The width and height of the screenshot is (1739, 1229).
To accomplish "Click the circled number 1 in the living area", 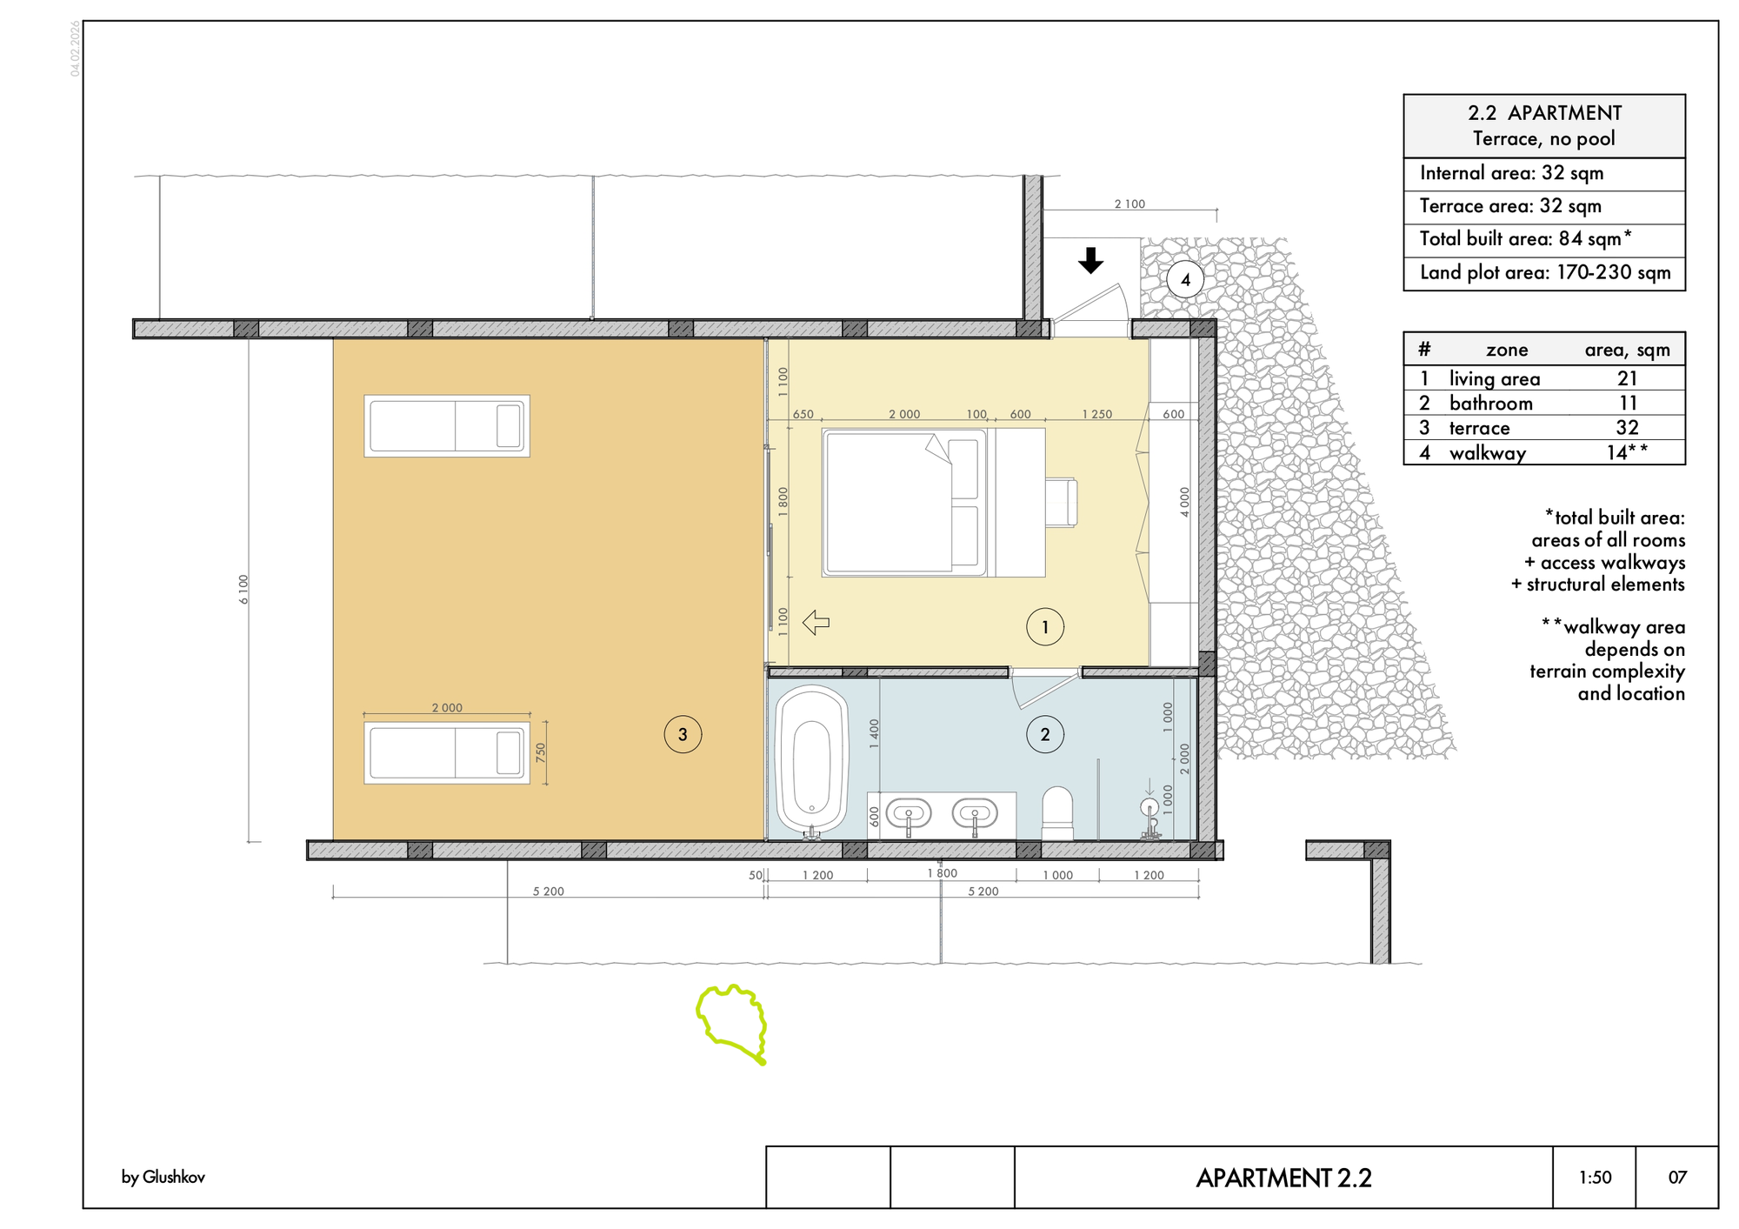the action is [x=1044, y=626].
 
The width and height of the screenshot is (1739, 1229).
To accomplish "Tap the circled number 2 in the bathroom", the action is [x=1044, y=734].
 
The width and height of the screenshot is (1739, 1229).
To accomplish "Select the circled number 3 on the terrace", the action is [x=683, y=734].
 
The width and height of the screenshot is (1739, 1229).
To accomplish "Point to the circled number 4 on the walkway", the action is [x=1185, y=280].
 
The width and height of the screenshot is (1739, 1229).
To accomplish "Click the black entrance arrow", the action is [x=1090, y=260].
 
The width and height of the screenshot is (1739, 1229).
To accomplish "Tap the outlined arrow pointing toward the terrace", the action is [x=816, y=623].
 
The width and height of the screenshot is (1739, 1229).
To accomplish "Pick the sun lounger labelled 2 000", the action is [x=447, y=752].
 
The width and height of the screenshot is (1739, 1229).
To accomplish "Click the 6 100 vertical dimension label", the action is [x=244, y=589].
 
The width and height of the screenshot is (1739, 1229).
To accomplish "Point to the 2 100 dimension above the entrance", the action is [x=1129, y=204].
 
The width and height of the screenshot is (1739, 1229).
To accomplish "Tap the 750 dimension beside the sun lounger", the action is [x=541, y=752].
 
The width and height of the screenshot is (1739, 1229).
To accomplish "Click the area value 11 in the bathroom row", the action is [x=1628, y=403].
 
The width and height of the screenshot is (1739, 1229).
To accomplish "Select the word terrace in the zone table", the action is [x=1479, y=428].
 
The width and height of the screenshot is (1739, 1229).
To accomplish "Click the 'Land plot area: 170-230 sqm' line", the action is [x=1545, y=272].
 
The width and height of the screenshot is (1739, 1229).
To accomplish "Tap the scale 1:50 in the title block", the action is [x=1595, y=1178].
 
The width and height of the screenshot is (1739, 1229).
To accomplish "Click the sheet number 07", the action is [x=1677, y=1178].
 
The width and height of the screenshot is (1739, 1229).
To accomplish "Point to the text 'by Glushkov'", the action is [x=163, y=1178].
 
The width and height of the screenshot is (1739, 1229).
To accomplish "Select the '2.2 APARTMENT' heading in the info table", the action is [x=1544, y=113].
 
